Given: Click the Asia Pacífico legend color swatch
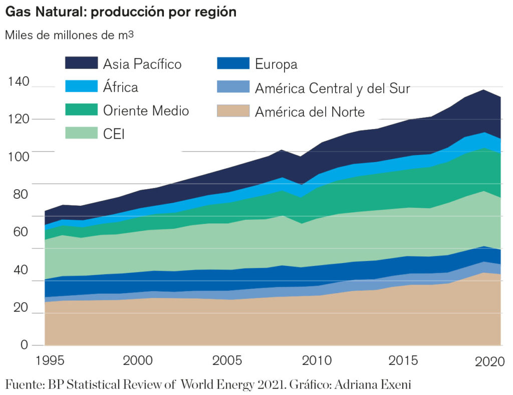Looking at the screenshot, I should tap(81, 63).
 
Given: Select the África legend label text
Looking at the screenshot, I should tap(121, 87).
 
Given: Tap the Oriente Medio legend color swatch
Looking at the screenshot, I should tap(81, 110).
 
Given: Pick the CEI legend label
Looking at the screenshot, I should tap(114, 134).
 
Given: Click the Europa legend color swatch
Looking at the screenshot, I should tap(233, 63).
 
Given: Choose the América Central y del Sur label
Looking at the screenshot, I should tap(332, 88).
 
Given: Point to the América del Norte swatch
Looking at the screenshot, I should tap(233, 110).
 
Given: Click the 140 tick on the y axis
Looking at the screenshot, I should tap(19, 82).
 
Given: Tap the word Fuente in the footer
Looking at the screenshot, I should tap(25, 385).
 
